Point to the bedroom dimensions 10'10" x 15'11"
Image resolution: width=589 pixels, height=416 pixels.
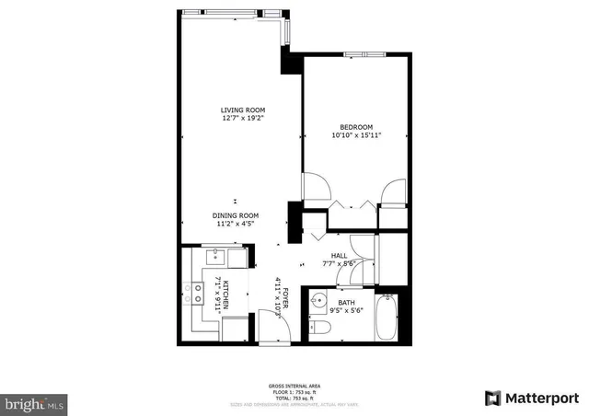(355, 135)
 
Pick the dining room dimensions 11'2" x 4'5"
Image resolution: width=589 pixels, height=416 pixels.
(236, 224)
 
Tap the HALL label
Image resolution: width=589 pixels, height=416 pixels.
(340, 257)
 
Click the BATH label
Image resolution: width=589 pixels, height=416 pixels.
(346, 301)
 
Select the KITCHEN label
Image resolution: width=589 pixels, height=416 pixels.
(223, 293)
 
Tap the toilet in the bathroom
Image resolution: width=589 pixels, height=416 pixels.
(318, 328)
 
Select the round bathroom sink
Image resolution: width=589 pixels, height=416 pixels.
(318, 300)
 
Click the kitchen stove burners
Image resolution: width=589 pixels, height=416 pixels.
(196, 294)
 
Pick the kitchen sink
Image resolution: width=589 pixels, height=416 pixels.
(217, 255)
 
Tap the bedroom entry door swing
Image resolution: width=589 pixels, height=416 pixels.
(316, 188)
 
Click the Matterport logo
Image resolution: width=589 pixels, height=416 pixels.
(531, 398)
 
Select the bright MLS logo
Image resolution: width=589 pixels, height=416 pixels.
(35, 403)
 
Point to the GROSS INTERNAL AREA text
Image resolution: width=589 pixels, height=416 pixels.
(294, 386)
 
